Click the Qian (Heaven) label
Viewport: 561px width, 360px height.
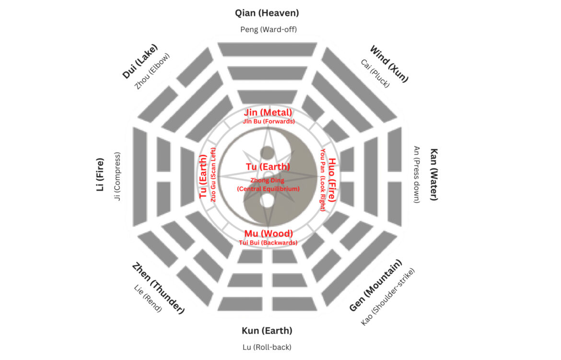(267, 13)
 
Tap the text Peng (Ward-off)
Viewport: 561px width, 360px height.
(269, 29)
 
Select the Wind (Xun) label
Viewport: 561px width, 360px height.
(389, 64)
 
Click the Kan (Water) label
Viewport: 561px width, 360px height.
(433, 174)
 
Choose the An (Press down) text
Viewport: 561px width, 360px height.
(417, 174)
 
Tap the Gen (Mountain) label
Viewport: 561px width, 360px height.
(376, 286)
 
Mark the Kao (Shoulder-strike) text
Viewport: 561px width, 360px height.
(388, 297)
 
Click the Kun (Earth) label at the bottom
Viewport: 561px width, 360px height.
(267, 331)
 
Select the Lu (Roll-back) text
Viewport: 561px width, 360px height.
(267, 347)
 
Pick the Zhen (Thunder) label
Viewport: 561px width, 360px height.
(158, 288)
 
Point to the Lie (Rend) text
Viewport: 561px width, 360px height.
(148, 299)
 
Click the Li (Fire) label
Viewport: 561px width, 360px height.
(100, 174)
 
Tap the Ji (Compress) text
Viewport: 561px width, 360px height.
(117, 176)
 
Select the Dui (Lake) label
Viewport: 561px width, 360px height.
(140, 61)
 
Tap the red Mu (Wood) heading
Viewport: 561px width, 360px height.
(268, 234)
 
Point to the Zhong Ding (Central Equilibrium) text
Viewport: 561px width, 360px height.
(268, 185)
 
